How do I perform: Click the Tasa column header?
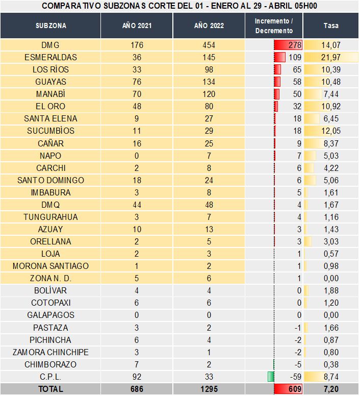331,26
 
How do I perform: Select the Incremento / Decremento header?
274,26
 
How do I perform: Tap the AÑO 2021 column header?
137,26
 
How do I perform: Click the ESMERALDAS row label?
50,57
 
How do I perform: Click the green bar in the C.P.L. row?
271,377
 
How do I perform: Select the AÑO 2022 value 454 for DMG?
209,45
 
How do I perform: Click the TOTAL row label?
50,389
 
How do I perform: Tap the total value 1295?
209,389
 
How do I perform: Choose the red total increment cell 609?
289,389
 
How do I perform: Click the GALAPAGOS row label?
50,315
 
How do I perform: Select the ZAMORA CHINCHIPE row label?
50,352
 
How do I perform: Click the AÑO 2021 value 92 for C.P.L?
137,377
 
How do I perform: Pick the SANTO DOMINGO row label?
50,180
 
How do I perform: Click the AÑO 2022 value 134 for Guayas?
209,82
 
